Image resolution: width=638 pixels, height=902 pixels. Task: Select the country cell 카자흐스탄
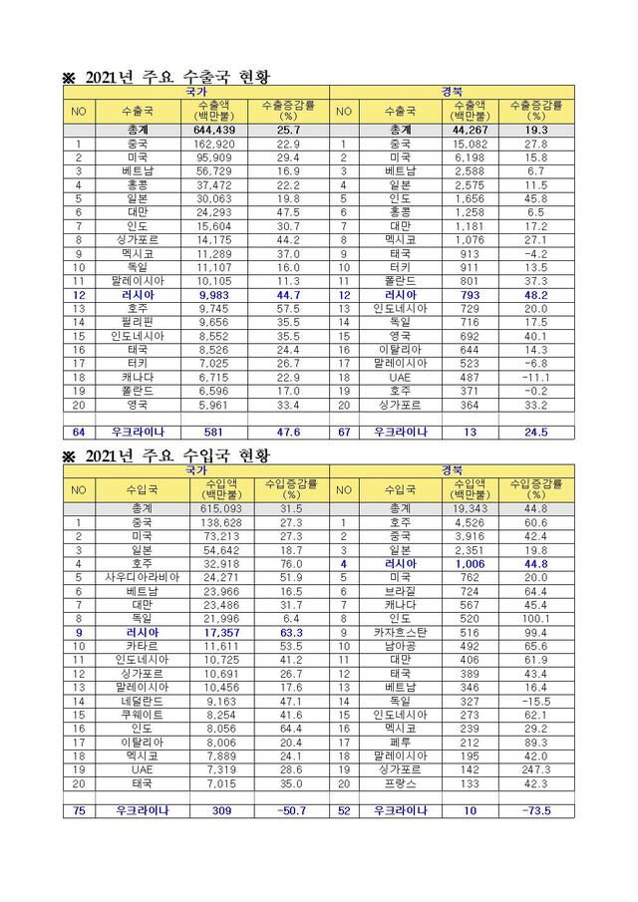400,632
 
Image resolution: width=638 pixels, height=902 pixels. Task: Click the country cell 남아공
400,646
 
